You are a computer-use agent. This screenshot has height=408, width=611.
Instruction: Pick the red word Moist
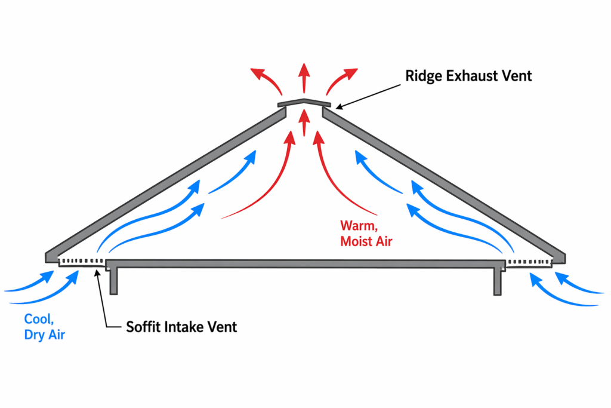tap(357, 241)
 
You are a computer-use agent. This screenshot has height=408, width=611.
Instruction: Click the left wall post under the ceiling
tap(114, 281)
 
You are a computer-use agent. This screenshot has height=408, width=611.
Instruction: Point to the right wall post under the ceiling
tap(498, 281)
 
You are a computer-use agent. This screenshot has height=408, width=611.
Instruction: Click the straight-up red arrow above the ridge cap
tap(304, 76)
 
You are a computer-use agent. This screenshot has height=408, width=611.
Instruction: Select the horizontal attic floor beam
tap(304, 263)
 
